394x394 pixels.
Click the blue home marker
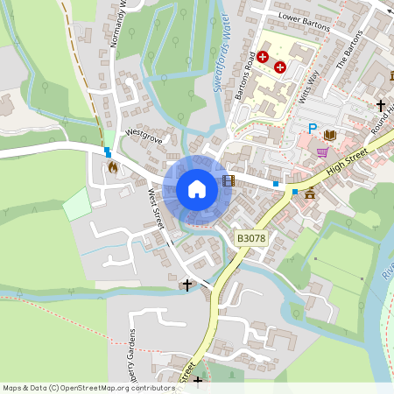(x=197, y=188)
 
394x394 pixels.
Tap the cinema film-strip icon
(x=229, y=180)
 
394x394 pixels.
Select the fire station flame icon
(x=112, y=165)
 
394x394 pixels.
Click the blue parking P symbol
(x=312, y=129)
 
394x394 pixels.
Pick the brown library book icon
(x=330, y=135)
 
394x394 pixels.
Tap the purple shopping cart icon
(x=322, y=151)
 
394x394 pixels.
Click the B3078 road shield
(x=251, y=237)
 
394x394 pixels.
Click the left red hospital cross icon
(x=262, y=55)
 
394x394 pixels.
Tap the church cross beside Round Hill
(x=380, y=105)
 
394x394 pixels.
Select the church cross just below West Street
(x=186, y=285)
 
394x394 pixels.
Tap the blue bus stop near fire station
(x=108, y=151)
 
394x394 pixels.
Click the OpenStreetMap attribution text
(x=88, y=387)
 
